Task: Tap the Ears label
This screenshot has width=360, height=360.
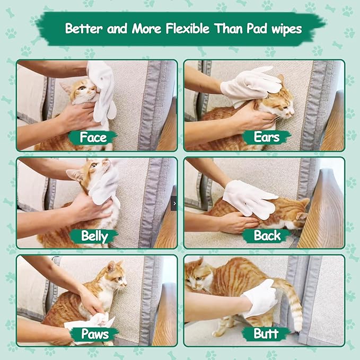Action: pos(266,137)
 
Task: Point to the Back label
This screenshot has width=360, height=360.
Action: pos(267,235)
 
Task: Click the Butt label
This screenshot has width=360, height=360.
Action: pos(267,333)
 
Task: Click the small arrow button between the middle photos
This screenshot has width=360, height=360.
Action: pos(174,203)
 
